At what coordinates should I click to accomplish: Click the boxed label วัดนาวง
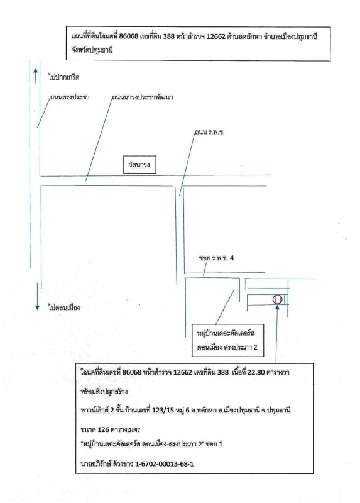tap(139, 165)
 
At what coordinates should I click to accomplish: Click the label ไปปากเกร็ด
tap(64, 77)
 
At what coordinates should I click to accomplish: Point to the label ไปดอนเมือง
tap(64, 307)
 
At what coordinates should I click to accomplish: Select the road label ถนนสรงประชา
tap(70, 97)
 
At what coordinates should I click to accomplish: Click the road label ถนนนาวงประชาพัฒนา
tap(143, 97)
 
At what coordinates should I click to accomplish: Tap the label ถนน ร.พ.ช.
tap(210, 132)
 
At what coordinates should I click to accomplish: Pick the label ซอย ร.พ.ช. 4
tap(216, 258)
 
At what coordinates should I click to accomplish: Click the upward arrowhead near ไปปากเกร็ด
tap(35, 71)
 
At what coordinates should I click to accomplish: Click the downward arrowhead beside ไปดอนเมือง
tap(37, 307)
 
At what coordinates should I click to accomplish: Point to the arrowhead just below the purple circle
tap(277, 307)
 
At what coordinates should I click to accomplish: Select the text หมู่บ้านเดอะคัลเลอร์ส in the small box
tap(226, 333)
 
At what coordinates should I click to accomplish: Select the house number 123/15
tap(163, 411)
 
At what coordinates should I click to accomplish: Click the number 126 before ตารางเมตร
tap(104, 429)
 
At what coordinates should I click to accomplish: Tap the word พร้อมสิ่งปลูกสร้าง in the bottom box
tap(100, 392)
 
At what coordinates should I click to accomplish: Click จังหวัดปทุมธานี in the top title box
tap(92, 50)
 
